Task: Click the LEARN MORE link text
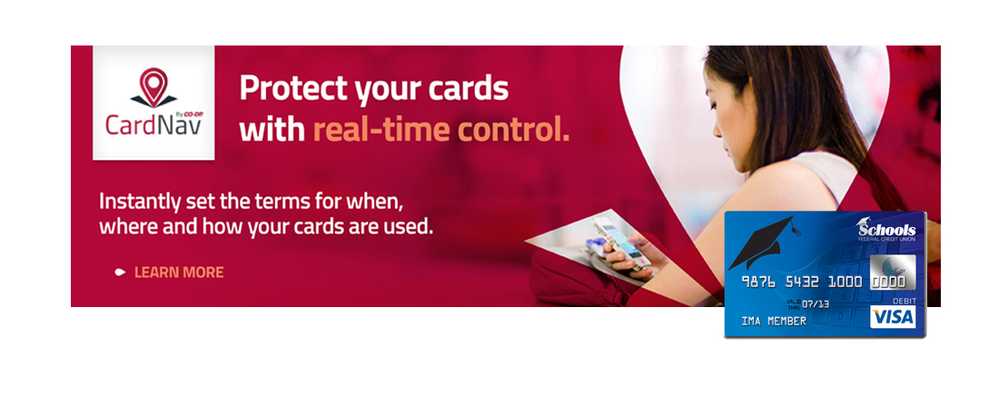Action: click(x=179, y=273)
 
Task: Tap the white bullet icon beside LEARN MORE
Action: click(x=120, y=273)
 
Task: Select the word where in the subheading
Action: click(x=126, y=225)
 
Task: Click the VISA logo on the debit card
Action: click(x=892, y=316)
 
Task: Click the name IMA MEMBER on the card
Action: click(x=774, y=322)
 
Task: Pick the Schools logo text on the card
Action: click(x=886, y=232)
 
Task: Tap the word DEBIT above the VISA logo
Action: click(x=901, y=298)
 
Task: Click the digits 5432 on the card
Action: click(x=803, y=282)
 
